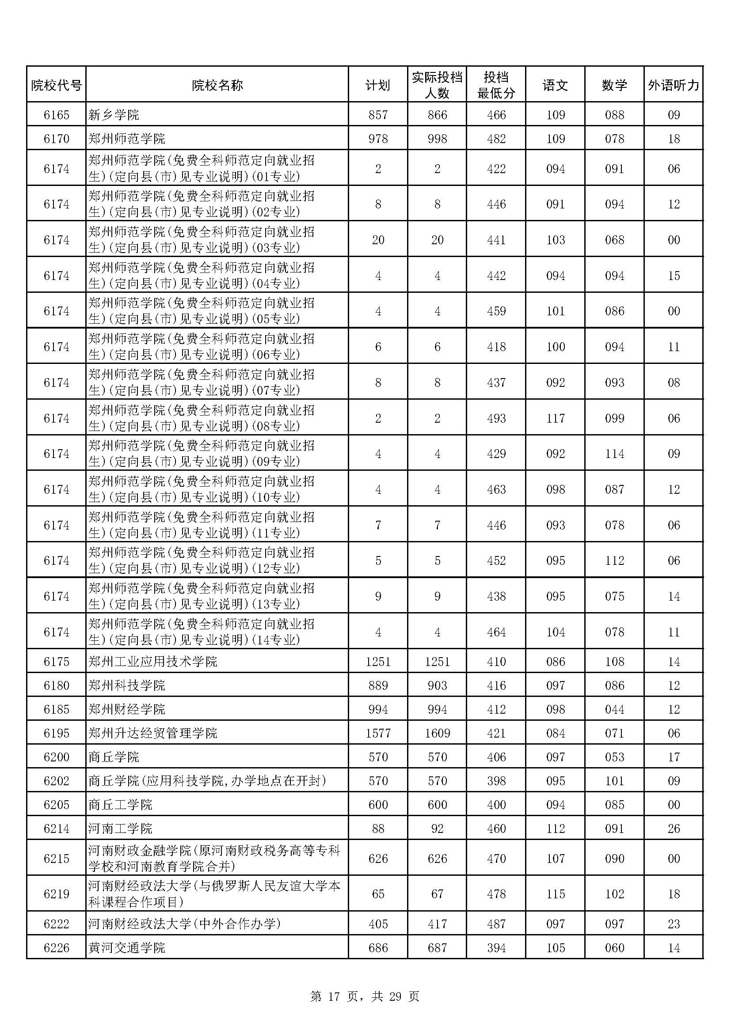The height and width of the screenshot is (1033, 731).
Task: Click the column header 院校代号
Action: tap(56, 85)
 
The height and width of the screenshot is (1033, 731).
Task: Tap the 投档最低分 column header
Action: tap(496, 85)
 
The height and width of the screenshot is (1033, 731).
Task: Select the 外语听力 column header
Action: tap(674, 85)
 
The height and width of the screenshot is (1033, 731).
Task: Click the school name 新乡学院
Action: tap(114, 115)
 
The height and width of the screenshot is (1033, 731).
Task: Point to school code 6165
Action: tap(56, 115)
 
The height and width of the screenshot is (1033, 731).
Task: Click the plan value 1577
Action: tap(378, 733)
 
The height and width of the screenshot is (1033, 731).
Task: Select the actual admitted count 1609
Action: tap(437, 733)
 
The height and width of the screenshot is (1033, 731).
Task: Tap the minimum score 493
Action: tap(496, 418)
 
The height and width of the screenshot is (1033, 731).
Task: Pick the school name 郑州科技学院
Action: tap(127, 685)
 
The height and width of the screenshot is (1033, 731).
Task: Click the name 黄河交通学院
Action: tap(127, 947)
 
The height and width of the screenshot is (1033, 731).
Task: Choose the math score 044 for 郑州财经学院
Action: tap(614, 709)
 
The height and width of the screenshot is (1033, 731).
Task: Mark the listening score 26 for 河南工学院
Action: tap(674, 828)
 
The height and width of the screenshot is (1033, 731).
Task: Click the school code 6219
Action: tap(56, 893)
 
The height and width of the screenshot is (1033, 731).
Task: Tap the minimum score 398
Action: tap(496, 780)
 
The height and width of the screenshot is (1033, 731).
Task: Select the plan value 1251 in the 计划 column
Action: tap(378, 662)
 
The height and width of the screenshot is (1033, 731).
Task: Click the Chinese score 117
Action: tap(556, 418)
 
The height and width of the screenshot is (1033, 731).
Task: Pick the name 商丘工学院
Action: tap(120, 804)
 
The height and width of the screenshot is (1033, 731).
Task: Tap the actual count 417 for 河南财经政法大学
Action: tap(437, 923)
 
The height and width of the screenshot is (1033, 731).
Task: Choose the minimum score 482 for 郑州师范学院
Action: tap(496, 139)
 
